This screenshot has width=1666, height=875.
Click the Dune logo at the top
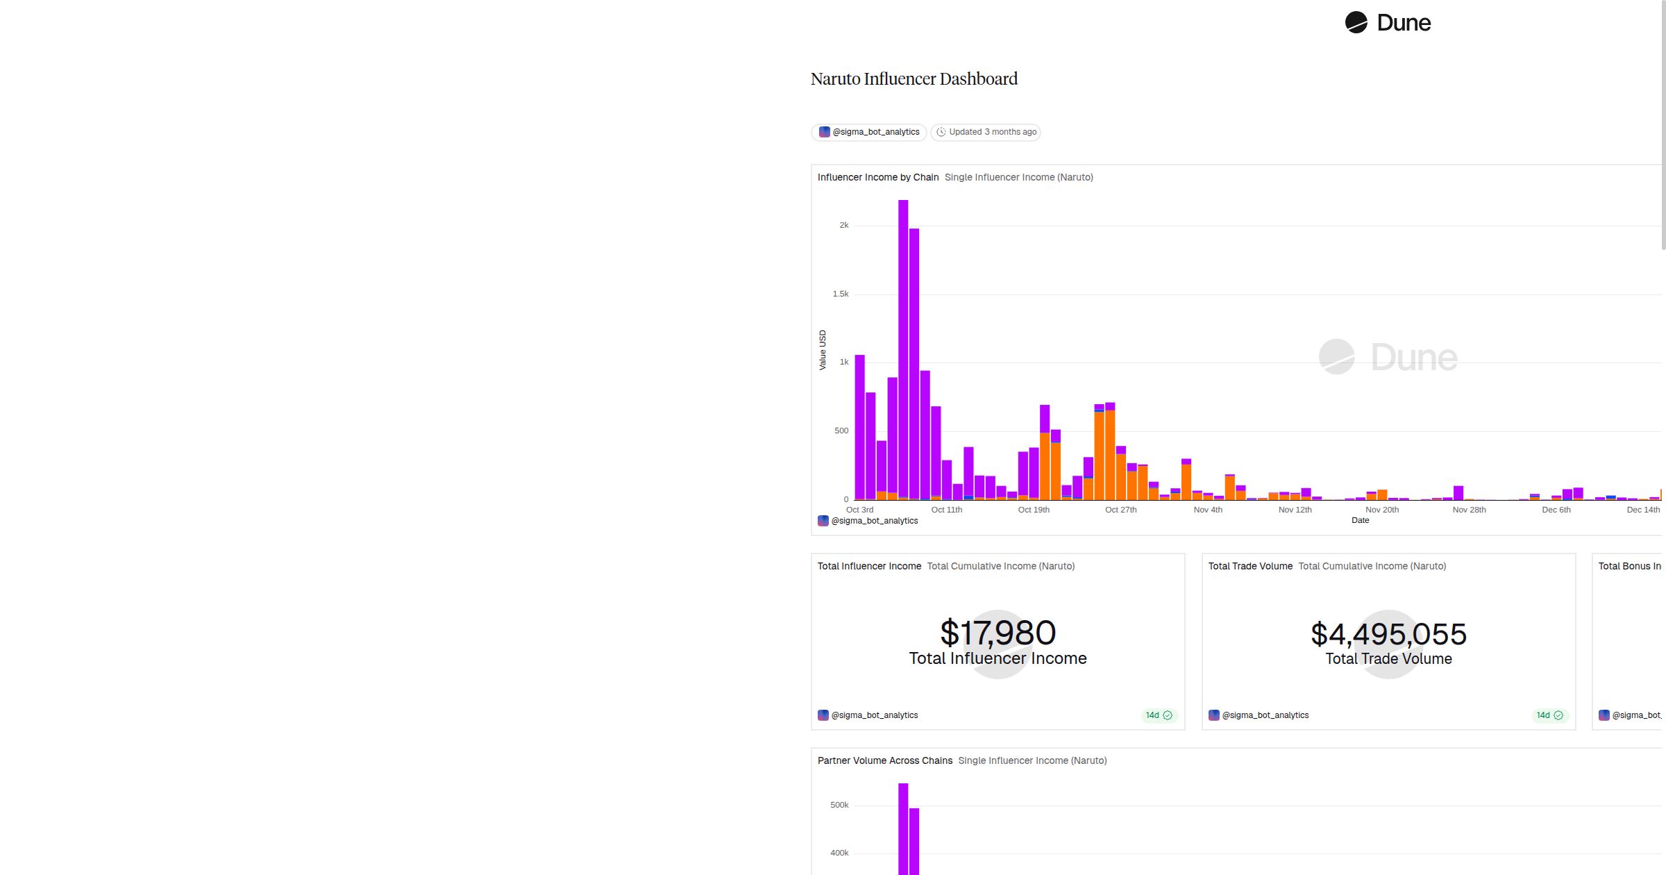[x=1388, y=23]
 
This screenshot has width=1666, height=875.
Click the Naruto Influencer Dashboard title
[x=914, y=79]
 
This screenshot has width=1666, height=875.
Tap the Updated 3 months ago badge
[x=986, y=132]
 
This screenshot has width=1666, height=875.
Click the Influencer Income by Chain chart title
[x=877, y=178]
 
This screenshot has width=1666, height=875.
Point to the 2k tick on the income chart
[x=843, y=225]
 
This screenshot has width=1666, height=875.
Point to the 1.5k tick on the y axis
[x=840, y=294]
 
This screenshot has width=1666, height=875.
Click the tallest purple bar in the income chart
[x=903, y=347]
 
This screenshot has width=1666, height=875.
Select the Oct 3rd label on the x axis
[x=859, y=510]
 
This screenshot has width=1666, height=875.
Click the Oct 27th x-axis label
[x=1120, y=510]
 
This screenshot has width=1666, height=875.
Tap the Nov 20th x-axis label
[x=1381, y=510]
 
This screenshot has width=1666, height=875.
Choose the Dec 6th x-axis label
[x=1556, y=510]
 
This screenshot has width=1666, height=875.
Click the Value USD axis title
[x=823, y=350]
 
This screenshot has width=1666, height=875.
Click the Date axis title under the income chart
[x=1360, y=520]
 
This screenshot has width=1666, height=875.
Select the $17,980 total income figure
[x=998, y=633]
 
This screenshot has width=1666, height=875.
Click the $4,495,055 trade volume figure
[x=1388, y=634]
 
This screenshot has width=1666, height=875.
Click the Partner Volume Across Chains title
[x=884, y=761]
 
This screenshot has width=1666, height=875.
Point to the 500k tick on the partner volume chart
[x=839, y=805]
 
